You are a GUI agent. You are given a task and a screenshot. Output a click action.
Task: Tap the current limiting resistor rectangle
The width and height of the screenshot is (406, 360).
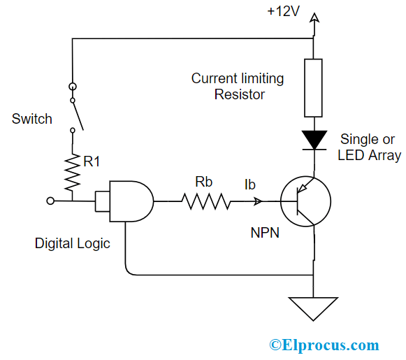(314, 87)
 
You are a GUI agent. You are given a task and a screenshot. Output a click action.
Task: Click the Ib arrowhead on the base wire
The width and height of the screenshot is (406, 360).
(258, 202)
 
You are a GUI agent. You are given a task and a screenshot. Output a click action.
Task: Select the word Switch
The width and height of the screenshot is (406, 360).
(32, 119)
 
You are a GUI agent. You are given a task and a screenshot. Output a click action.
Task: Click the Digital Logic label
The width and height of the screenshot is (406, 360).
(73, 244)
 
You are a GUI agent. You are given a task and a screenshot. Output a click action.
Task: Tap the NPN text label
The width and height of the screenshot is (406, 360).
(265, 233)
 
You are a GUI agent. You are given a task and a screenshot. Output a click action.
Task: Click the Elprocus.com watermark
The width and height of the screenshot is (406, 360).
(324, 345)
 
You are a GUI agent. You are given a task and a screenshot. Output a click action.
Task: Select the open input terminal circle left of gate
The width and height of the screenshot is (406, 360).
(50, 201)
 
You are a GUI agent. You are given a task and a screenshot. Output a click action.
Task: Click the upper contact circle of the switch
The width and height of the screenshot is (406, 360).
(72, 87)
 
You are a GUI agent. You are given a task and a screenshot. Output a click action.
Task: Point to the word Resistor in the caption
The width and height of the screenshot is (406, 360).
(239, 94)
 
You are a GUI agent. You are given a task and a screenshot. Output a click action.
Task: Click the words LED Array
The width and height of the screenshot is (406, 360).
(369, 155)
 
